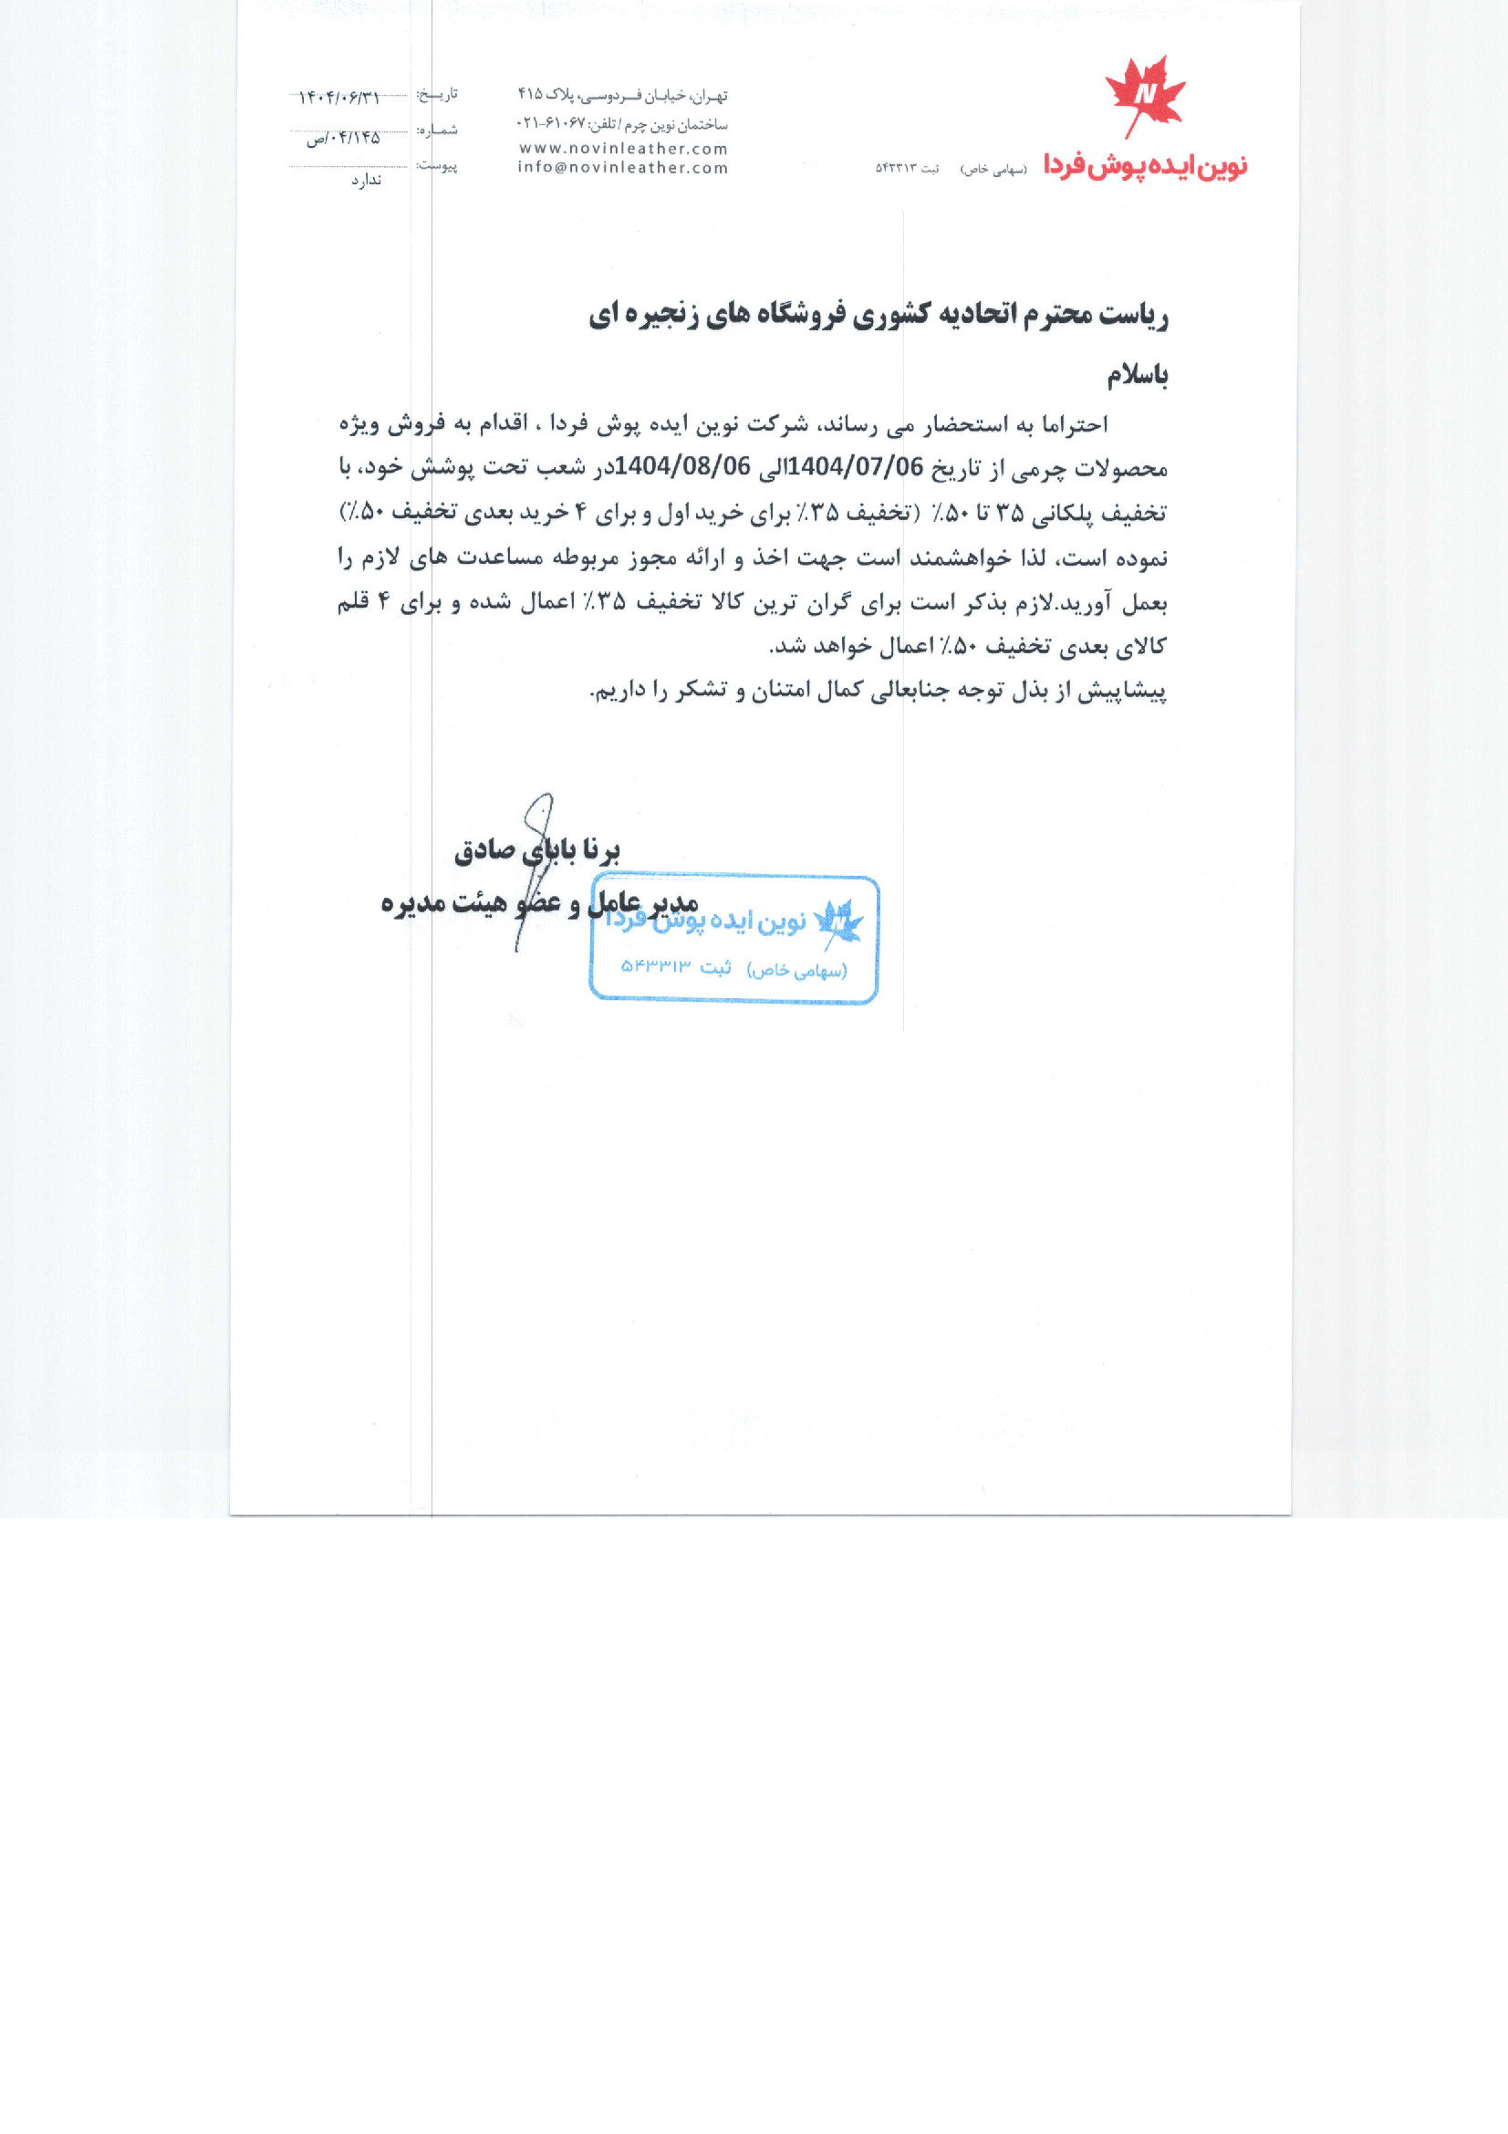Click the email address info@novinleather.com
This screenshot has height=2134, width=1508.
[x=622, y=168]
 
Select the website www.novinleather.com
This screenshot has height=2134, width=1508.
[x=622, y=149]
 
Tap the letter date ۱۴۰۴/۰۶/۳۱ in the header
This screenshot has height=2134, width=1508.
[x=339, y=98]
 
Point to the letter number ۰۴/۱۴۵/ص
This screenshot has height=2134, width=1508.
[x=344, y=139]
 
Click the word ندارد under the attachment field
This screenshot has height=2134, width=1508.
[x=366, y=181]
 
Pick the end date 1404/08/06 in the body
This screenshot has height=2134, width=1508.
[x=683, y=466]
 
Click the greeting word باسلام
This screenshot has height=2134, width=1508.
[x=1137, y=376]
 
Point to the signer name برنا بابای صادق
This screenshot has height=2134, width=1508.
[x=537, y=850]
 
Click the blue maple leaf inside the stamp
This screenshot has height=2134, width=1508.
[x=838, y=923]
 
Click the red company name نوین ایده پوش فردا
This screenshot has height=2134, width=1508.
[x=1145, y=165]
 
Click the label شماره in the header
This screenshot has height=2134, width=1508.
[x=437, y=130]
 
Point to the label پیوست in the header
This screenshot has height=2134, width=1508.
[x=437, y=165]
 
